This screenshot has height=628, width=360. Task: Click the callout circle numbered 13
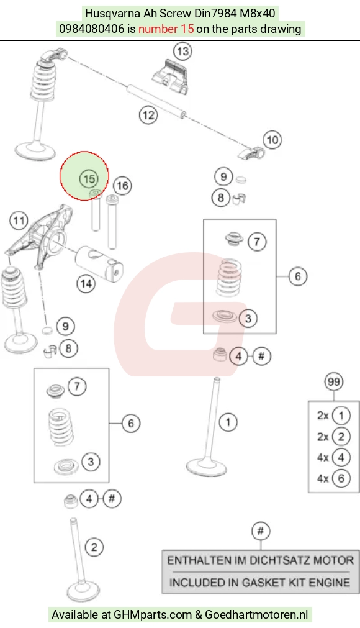182,52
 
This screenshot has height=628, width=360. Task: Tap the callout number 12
148,116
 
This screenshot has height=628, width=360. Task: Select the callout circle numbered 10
272,140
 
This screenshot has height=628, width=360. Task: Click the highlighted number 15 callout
89,179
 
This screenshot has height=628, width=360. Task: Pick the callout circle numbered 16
122,186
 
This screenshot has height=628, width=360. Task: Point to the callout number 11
19,221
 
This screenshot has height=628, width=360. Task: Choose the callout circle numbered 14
86,284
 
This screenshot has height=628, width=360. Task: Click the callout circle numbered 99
334,381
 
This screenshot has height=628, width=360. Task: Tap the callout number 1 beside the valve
228,422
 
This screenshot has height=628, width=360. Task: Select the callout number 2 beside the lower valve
94,547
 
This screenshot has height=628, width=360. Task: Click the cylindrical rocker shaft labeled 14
99,262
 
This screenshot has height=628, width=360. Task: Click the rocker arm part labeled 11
40,236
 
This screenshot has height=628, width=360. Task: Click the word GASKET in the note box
254,582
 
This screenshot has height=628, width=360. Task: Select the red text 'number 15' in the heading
166,29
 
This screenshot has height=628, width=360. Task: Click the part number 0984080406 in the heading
92,29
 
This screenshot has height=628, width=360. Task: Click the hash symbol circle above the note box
261,531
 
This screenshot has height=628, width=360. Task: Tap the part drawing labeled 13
171,76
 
